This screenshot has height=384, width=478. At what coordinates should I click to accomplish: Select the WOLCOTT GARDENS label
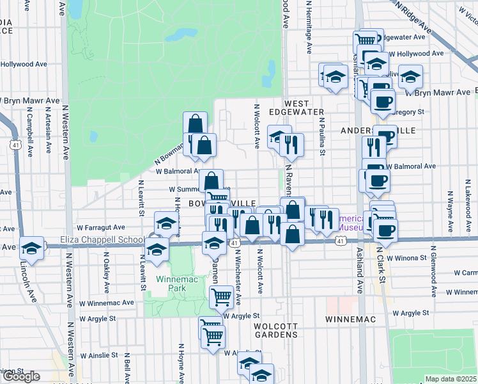(x=276, y=330)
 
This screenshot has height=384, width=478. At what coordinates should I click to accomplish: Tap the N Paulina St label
(x=323, y=136)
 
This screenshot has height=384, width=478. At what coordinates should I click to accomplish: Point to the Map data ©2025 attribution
(x=451, y=379)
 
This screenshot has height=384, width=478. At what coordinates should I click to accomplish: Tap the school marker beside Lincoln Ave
(x=31, y=248)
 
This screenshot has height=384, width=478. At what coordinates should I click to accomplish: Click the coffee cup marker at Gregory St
(x=383, y=102)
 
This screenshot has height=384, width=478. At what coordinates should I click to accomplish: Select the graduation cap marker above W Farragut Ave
(x=166, y=223)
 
